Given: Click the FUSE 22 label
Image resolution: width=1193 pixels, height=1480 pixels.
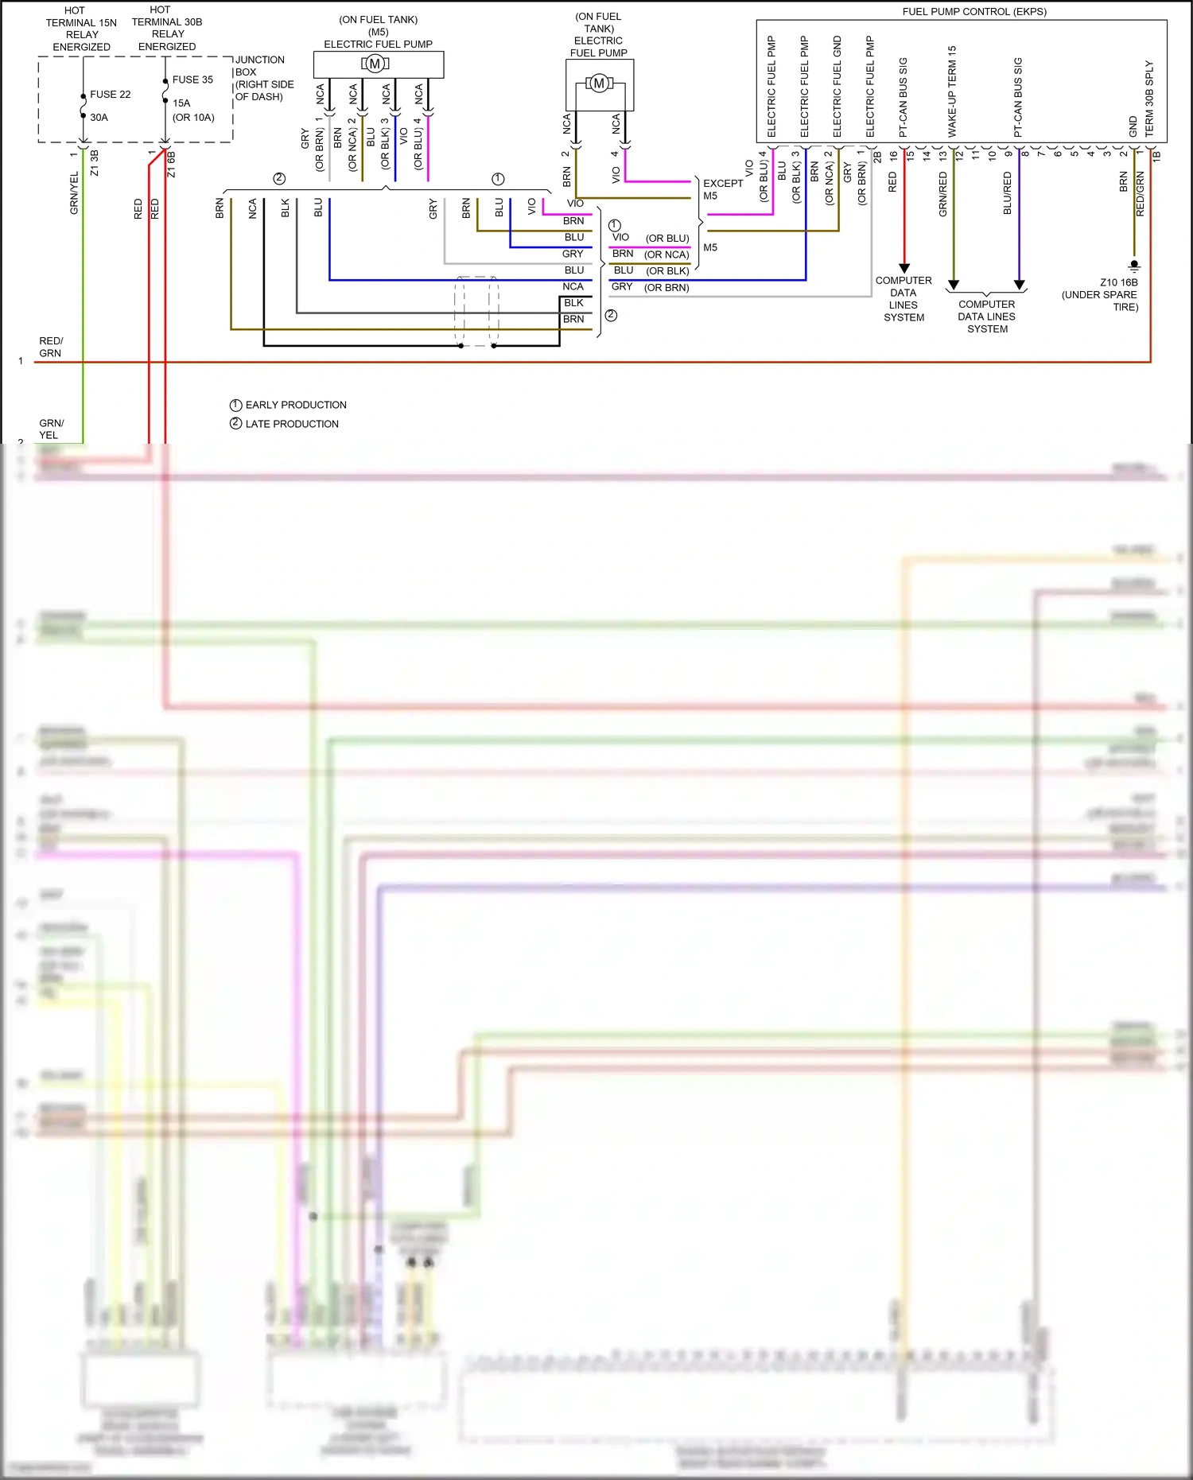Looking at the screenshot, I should coord(110,95).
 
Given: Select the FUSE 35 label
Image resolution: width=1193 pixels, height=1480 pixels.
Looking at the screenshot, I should coord(192,80).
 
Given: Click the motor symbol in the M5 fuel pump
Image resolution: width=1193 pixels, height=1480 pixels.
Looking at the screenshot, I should coord(375,64).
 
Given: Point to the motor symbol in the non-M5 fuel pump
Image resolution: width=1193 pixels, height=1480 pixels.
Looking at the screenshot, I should coord(600,83).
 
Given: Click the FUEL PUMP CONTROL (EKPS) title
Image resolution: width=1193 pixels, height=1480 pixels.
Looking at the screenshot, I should coord(973,12).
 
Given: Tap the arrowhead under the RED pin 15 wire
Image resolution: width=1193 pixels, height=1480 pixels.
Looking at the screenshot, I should coord(904,269).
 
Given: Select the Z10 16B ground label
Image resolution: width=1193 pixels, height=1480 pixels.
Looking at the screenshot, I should coord(1118,282).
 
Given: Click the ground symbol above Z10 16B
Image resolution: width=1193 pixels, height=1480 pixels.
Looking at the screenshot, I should coord(1134,266).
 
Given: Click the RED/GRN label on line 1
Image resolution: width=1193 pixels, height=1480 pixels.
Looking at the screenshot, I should coord(50,347).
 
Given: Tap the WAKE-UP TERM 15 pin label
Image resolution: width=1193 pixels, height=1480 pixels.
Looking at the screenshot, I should coord(952,91).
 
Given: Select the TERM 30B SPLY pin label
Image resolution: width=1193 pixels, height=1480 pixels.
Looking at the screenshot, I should coord(1149,98).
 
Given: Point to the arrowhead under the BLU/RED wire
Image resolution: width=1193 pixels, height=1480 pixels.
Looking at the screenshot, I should coord(1019,285).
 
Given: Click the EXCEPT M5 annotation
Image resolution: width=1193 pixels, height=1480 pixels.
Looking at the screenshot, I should coord(721,189).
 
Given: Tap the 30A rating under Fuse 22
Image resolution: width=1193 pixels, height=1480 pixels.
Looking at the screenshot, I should coord(99,118).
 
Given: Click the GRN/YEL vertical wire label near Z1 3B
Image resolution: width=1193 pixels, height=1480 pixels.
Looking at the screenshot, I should coord(74,192).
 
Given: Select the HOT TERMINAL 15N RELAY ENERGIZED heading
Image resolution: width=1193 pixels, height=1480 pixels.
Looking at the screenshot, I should coord(81,29).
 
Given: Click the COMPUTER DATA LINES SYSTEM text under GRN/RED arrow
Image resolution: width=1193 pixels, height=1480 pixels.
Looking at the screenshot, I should coord(986,317).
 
